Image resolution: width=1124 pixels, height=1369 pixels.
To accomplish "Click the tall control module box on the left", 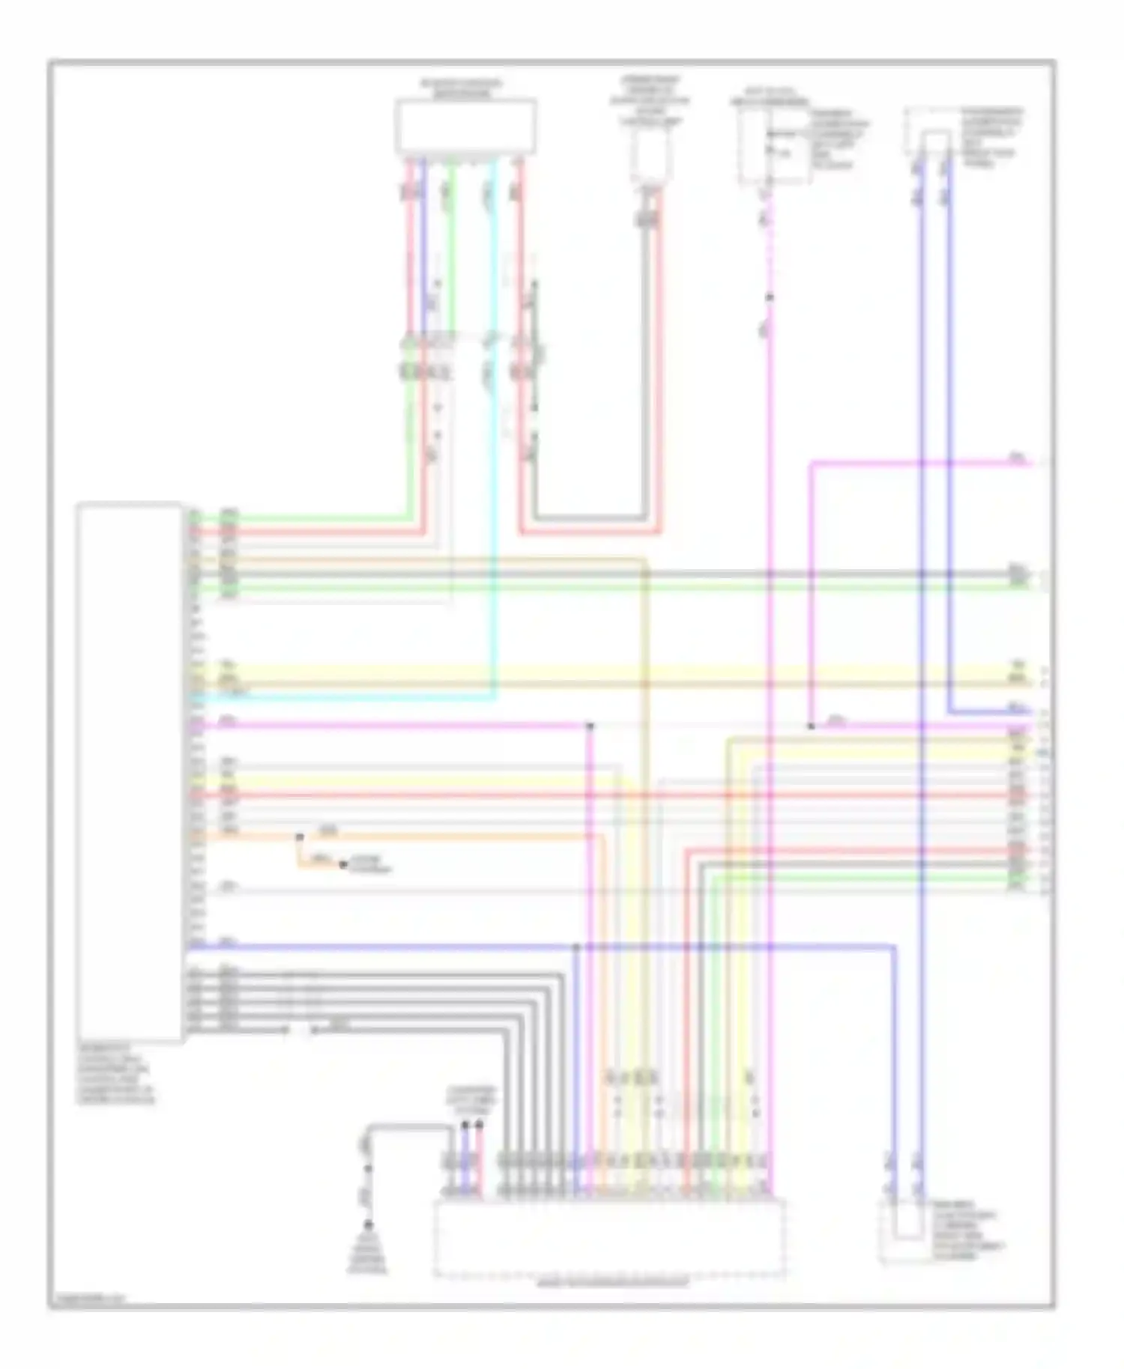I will (x=129, y=771).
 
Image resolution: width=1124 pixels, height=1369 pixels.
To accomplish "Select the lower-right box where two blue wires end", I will (x=905, y=1232).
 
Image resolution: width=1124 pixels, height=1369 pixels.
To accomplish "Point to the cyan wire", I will (x=493, y=449).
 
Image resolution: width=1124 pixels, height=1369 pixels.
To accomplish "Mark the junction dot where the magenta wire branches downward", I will (x=590, y=726).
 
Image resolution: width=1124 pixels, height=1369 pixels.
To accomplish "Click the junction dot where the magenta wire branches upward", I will (x=812, y=726).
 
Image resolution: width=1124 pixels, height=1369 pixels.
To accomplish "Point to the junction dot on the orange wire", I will (x=299, y=836).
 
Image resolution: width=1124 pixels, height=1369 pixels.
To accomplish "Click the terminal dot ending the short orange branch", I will (x=342, y=865).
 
